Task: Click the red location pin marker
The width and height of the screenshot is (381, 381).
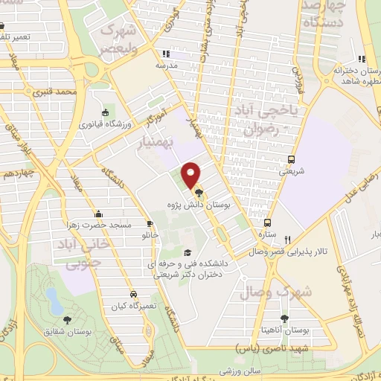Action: pyautogui.click(x=192, y=175)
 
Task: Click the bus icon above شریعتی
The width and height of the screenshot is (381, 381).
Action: pyautogui.click(x=291, y=159)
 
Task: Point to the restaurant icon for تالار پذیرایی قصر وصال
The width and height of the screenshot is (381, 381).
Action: pyautogui.click(x=287, y=240)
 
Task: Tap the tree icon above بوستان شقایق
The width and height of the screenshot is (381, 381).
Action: pyautogui.click(x=68, y=319)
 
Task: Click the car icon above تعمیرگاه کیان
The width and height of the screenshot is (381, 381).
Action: pyautogui.click(x=133, y=293)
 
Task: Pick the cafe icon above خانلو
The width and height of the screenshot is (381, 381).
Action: pyautogui.click(x=150, y=223)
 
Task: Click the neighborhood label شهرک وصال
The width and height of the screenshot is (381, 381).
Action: pyautogui.click(x=274, y=293)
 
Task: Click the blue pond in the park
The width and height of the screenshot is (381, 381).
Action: pyautogui.click(x=54, y=301)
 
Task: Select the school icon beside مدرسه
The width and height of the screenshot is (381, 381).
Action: pyautogui.click(x=167, y=54)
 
